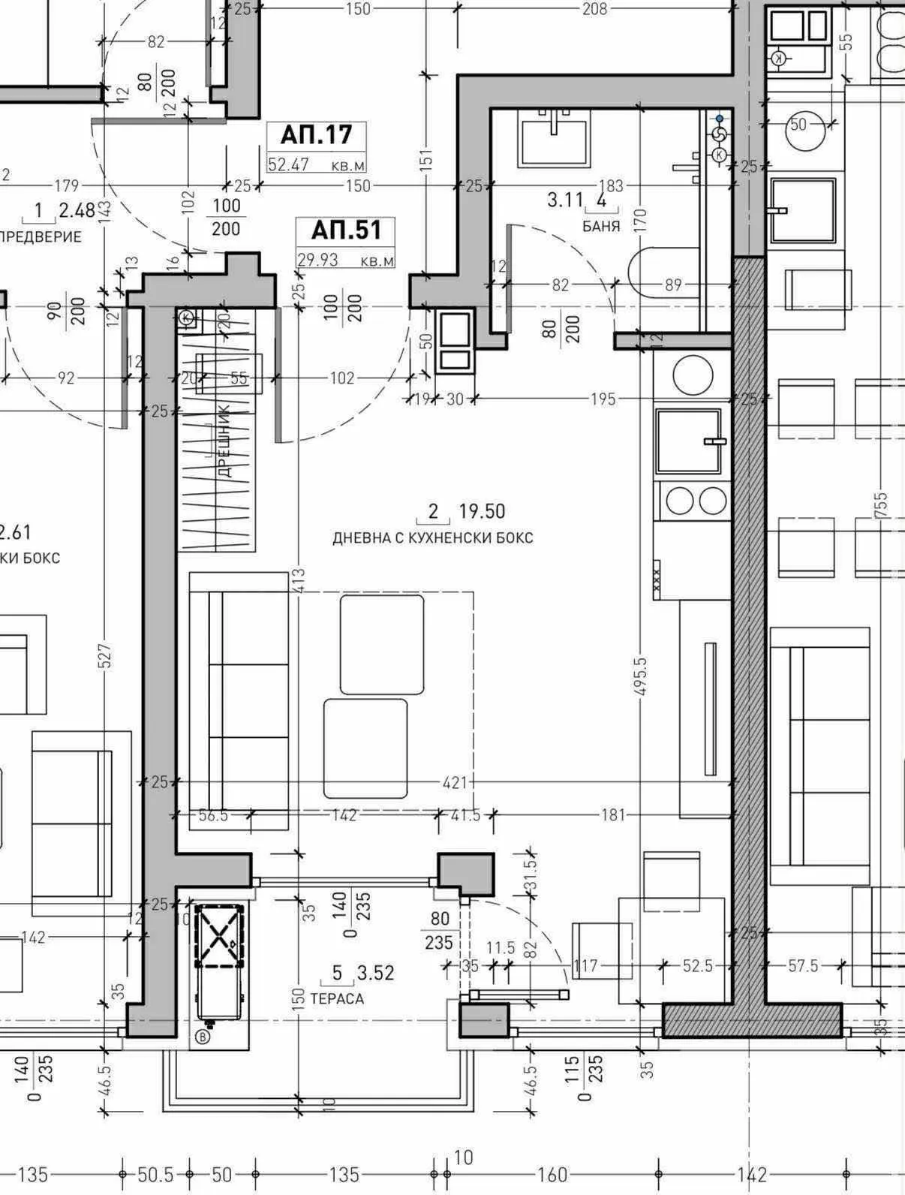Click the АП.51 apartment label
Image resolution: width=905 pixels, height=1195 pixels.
(x=347, y=230)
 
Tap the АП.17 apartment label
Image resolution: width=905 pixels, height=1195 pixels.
(x=316, y=134)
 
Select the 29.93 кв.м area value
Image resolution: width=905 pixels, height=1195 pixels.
(x=318, y=260)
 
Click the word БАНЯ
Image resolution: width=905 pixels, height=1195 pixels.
(x=601, y=226)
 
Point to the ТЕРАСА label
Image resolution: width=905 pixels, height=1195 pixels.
(x=337, y=998)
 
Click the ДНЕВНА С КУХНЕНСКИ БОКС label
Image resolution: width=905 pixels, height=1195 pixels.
(x=433, y=538)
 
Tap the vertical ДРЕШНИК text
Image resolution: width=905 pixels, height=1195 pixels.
(x=224, y=451)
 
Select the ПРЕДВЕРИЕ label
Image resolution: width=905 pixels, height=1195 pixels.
(x=41, y=237)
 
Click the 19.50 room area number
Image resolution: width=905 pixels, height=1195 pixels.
(x=482, y=512)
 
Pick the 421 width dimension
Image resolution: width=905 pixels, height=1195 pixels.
(x=453, y=783)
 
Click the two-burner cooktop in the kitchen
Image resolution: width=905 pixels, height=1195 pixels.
(x=692, y=501)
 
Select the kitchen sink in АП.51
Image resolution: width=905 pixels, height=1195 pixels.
(x=689, y=441)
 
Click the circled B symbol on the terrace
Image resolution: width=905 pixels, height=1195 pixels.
(x=203, y=1037)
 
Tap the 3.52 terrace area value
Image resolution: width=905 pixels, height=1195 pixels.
(x=375, y=974)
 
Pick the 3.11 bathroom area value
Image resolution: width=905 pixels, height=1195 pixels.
(x=565, y=200)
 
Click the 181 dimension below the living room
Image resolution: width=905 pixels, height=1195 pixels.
(x=613, y=814)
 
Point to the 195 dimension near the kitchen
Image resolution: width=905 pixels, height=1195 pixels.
(x=603, y=399)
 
